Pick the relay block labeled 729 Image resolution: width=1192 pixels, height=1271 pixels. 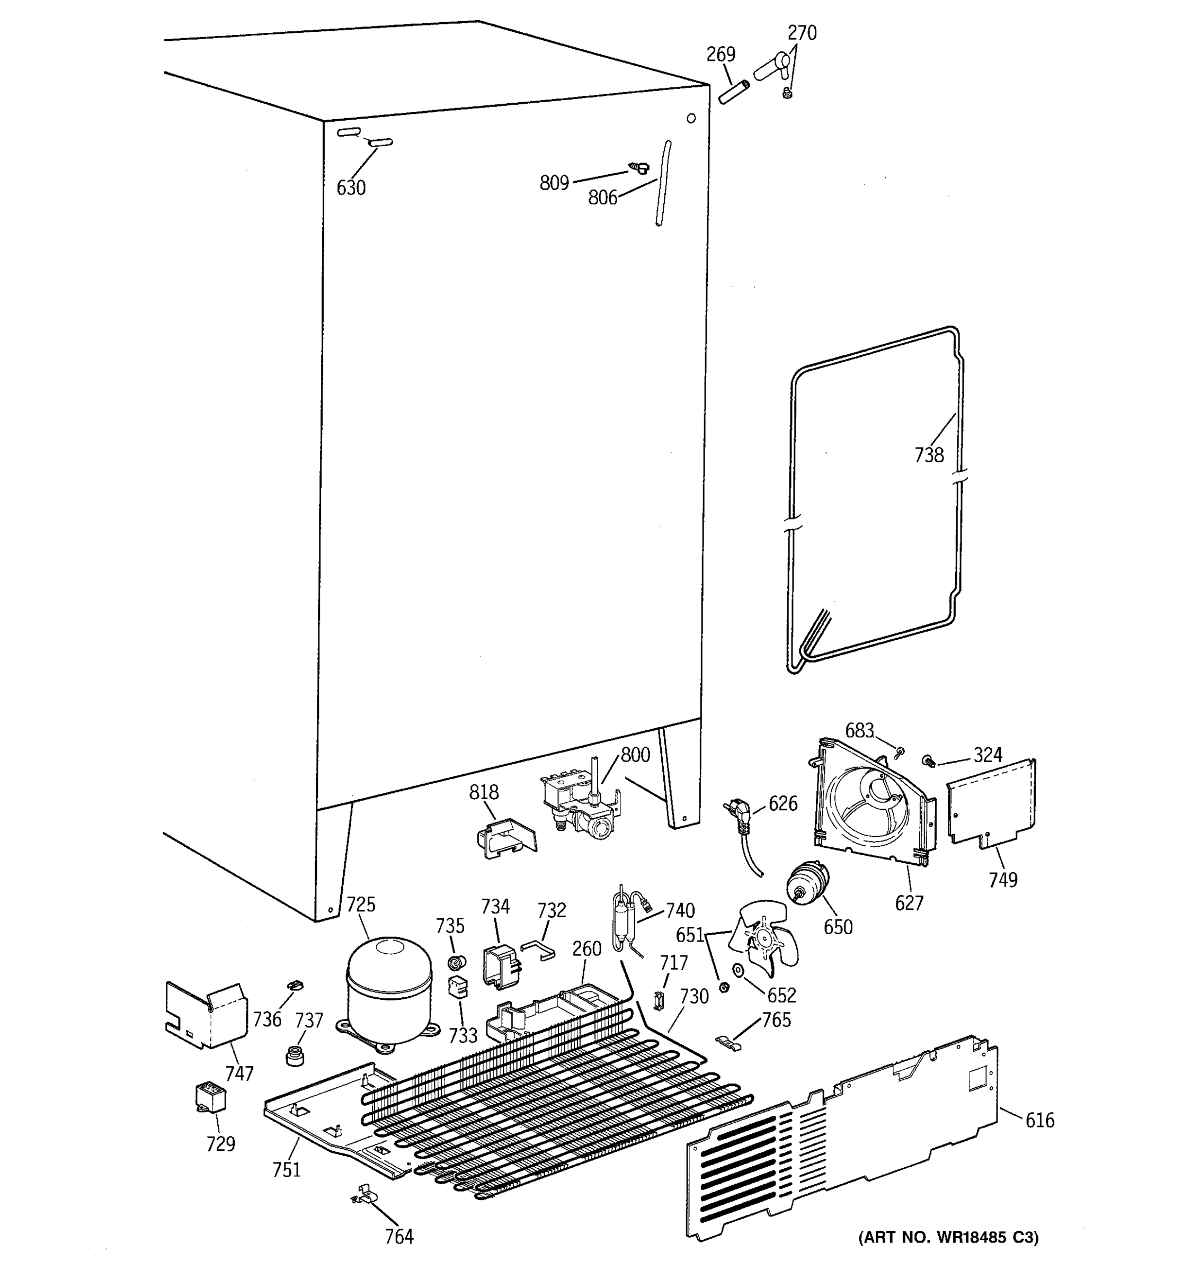pos(210,1098)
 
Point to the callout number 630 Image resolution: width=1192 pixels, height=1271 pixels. pos(351,188)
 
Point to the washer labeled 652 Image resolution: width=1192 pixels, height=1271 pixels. pos(739,971)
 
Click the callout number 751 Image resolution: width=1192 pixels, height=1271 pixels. pos(287,1169)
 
